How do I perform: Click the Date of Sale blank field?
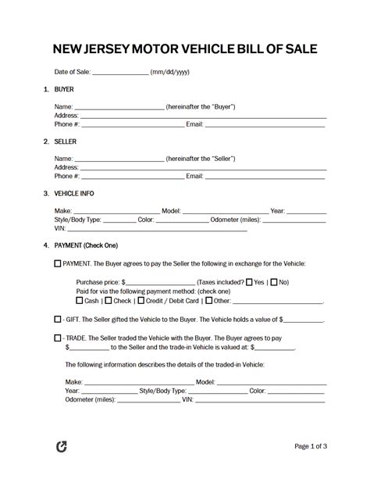coord(120,73)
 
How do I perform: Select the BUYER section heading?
coord(64,90)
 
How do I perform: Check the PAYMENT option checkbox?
coord(57,264)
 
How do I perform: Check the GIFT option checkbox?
coord(57,320)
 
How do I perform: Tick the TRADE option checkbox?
coord(57,338)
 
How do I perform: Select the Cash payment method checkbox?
coord(79,300)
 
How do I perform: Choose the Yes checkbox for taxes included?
coord(249,282)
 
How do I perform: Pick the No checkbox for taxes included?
coord(274,282)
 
